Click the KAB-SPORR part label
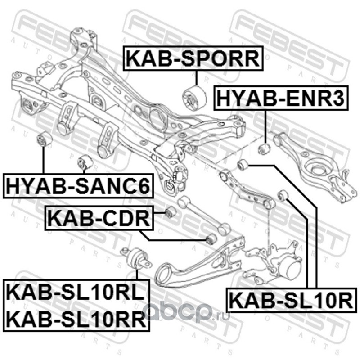coord(193,58)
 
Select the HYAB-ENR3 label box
coord(281,98)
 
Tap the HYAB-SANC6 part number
coord(78,186)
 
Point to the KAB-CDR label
coord(99,218)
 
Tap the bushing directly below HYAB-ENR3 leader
coord(264,149)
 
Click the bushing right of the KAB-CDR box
coord(171,212)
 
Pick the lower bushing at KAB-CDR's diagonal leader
coord(211,239)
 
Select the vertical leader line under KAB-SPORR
coord(197,78)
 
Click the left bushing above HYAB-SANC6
coord(45,139)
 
